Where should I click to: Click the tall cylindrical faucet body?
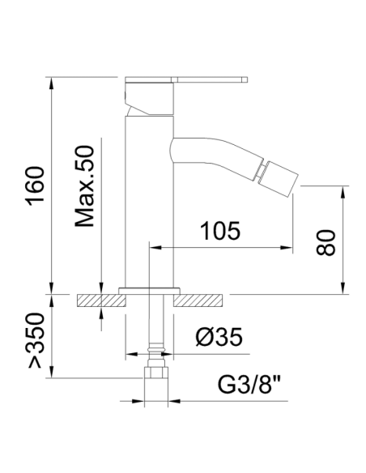coord(150,202)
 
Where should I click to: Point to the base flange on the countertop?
coord(150,289)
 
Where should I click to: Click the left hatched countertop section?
coord(102,300)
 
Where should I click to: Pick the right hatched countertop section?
coord(199,300)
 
